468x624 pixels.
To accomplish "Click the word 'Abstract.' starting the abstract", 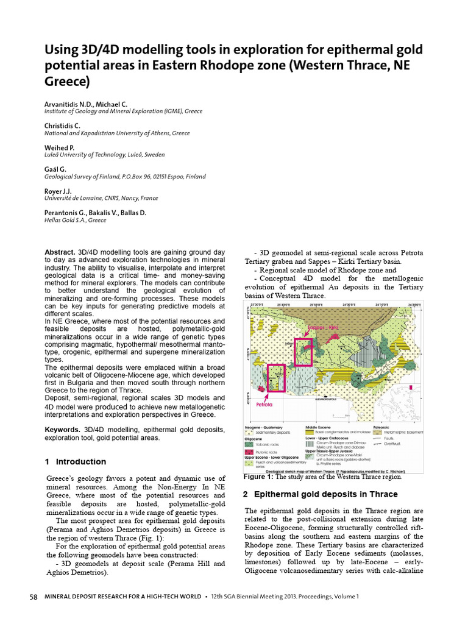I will pyautogui.click(x=60, y=252).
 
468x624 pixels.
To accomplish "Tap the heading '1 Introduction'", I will pyautogui.click(x=75, y=461).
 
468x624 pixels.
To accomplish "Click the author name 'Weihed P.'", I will pyautogui.click(x=59, y=148).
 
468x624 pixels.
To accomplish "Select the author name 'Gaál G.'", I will pyautogui.click(x=55, y=169).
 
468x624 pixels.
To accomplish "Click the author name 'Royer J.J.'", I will pyautogui.click(x=58, y=191).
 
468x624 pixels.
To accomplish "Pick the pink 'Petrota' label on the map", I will pyautogui.click(x=263, y=403).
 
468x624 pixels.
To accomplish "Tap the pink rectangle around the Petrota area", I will pyautogui.click(x=275, y=378).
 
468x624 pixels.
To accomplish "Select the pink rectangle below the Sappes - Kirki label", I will pyautogui.click(x=303, y=352).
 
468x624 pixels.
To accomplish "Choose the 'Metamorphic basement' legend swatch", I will pyautogui.click(x=376, y=432).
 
